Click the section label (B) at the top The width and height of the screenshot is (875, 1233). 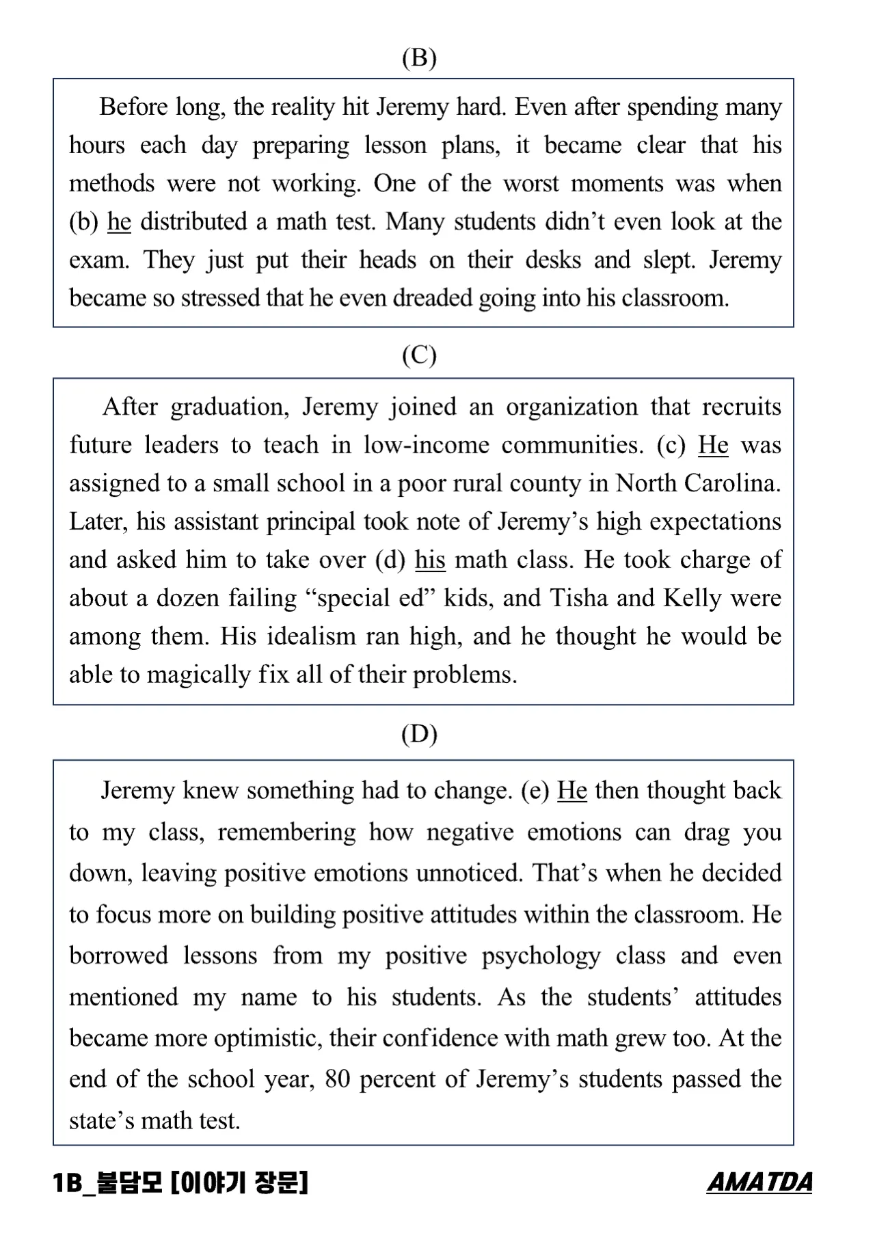click(419, 59)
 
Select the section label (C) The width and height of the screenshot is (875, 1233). click(419, 355)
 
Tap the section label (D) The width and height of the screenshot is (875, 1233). click(419, 734)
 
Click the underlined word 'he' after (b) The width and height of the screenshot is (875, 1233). click(119, 222)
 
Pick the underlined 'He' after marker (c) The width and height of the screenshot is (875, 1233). click(713, 446)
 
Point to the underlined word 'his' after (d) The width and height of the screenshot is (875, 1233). click(430, 560)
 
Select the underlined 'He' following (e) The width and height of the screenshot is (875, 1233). click(572, 791)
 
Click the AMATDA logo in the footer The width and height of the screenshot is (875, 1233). click(759, 1182)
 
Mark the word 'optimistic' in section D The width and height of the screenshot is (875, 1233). click(267, 1039)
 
